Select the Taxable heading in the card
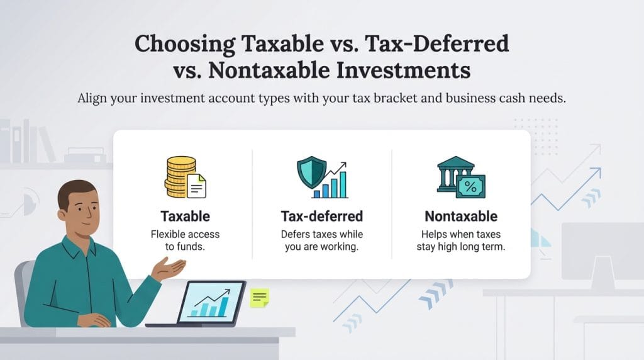point(185,217)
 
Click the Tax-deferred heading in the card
point(321,217)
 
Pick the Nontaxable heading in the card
point(460,217)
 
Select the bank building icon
point(455,173)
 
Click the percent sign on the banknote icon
point(470,186)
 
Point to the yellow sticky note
point(259,297)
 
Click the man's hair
point(75,190)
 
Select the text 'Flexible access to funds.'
point(185,240)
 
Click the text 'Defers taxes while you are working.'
point(321,240)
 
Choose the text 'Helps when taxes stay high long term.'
point(460,240)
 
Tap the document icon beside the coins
point(196,186)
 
